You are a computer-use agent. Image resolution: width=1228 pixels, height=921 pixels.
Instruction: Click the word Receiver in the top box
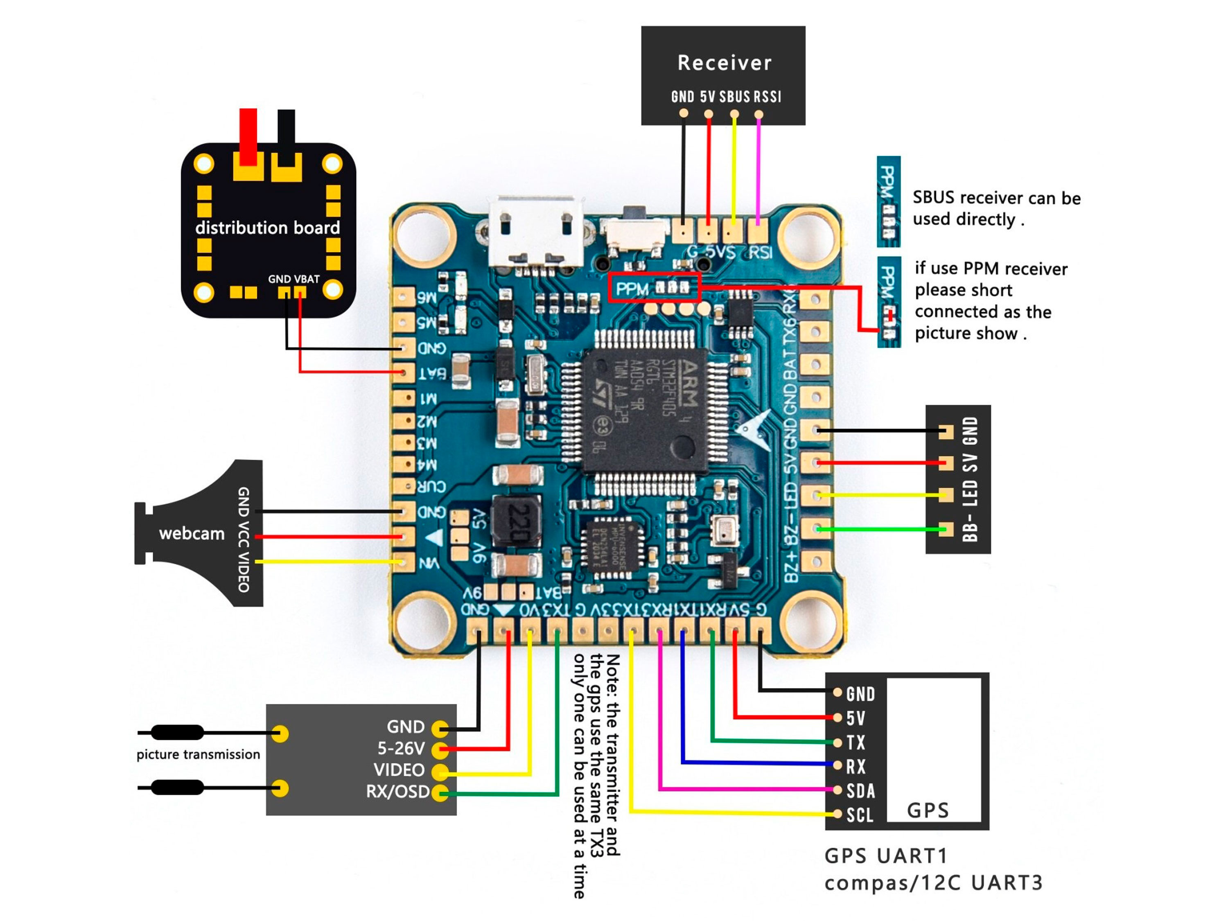(725, 63)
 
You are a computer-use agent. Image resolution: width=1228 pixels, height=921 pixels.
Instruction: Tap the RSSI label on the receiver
(767, 97)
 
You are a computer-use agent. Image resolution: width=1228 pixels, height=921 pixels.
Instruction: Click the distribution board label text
(267, 228)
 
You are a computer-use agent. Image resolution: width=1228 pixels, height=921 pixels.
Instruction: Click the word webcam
(192, 533)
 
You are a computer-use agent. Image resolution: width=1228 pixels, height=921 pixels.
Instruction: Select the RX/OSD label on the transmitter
(397, 792)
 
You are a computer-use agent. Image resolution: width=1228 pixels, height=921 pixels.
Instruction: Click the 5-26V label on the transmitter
(401, 748)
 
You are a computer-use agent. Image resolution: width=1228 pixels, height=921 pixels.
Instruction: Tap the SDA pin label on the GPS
(860, 790)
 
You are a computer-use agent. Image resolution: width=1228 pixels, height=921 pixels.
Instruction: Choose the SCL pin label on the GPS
(859, 815)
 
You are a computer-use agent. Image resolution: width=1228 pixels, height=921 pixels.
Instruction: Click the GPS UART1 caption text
(886, 856)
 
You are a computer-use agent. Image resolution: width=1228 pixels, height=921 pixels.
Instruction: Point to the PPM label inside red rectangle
(632, 289)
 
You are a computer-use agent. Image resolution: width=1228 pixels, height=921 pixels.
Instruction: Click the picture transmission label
(198, 754)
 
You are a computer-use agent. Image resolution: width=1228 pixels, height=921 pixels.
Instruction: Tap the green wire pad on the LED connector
(946, 529)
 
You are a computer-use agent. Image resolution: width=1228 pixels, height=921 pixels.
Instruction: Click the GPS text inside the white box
(928, 810)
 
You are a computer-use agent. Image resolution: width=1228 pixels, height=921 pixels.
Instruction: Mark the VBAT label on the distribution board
(307, 279)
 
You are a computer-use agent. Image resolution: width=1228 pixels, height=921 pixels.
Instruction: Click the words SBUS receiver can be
(996, 198)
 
